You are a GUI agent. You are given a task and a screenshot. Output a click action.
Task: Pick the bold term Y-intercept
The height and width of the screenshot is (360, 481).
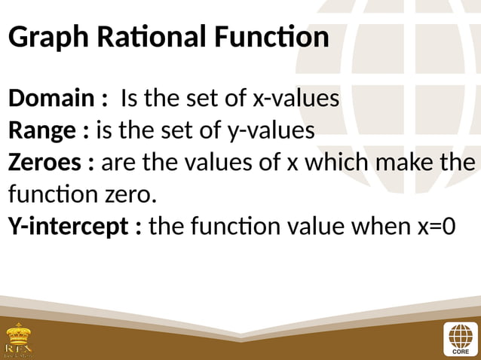click(x=70, y=226)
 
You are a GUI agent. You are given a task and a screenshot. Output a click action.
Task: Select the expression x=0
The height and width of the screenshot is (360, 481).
click(x=434, y=226)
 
